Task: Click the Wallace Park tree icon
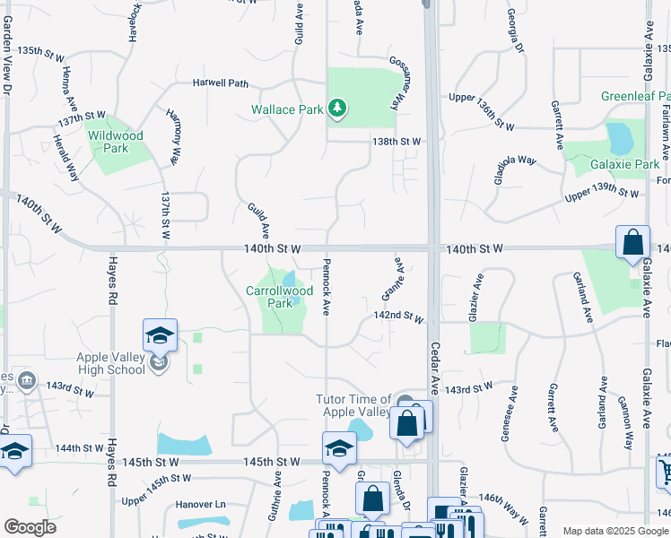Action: [x=337, y=109]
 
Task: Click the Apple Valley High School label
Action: [x=110, y=362]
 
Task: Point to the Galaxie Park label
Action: [x=625, y=164]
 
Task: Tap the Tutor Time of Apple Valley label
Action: [x=353, y=405]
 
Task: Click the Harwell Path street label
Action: [x=220, y=83]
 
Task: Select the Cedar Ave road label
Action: [x=435, y=368]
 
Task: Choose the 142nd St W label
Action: [x=399, y=317]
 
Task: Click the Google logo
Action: [x=30, y=527]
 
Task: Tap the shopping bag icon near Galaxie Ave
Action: [x=632, y=242]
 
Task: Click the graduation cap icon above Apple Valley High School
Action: [x=160, y=335]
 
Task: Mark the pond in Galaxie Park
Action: [x=619, y=139]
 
